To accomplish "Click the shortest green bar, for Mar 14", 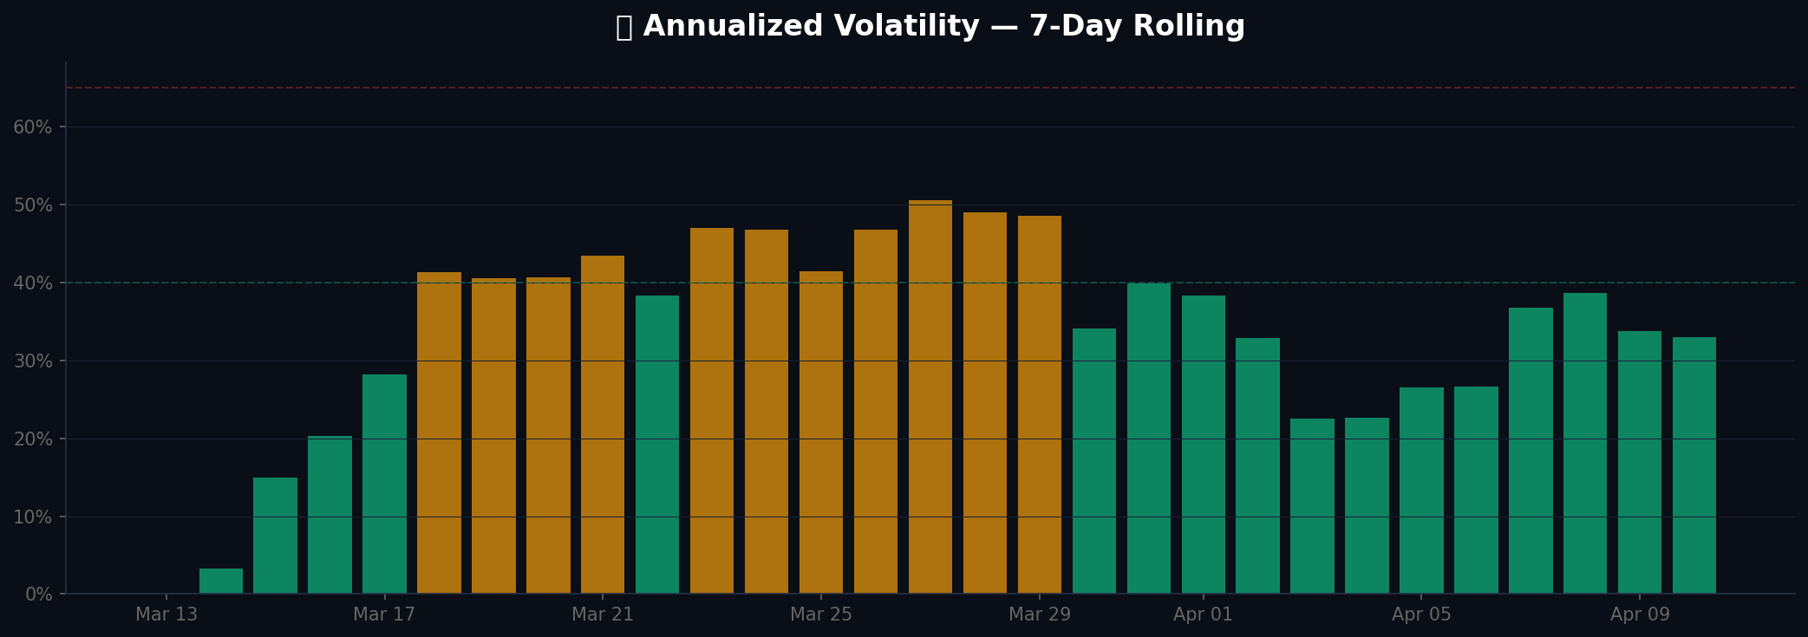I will point(221,582).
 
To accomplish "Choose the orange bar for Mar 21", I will point(603,425).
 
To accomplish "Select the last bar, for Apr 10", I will point(1694,465).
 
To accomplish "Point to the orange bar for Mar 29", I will point(1040,405).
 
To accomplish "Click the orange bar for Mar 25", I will point(821,432).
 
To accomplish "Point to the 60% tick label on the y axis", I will point(33,127).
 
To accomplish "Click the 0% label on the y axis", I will point(38,595).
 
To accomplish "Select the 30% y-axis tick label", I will point(33,361).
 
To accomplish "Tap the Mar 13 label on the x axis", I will point(166,615).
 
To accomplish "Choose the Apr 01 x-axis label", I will point(1203,615).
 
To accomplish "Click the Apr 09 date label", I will point(1640,615).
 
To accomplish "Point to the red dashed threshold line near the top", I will point(867,88).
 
